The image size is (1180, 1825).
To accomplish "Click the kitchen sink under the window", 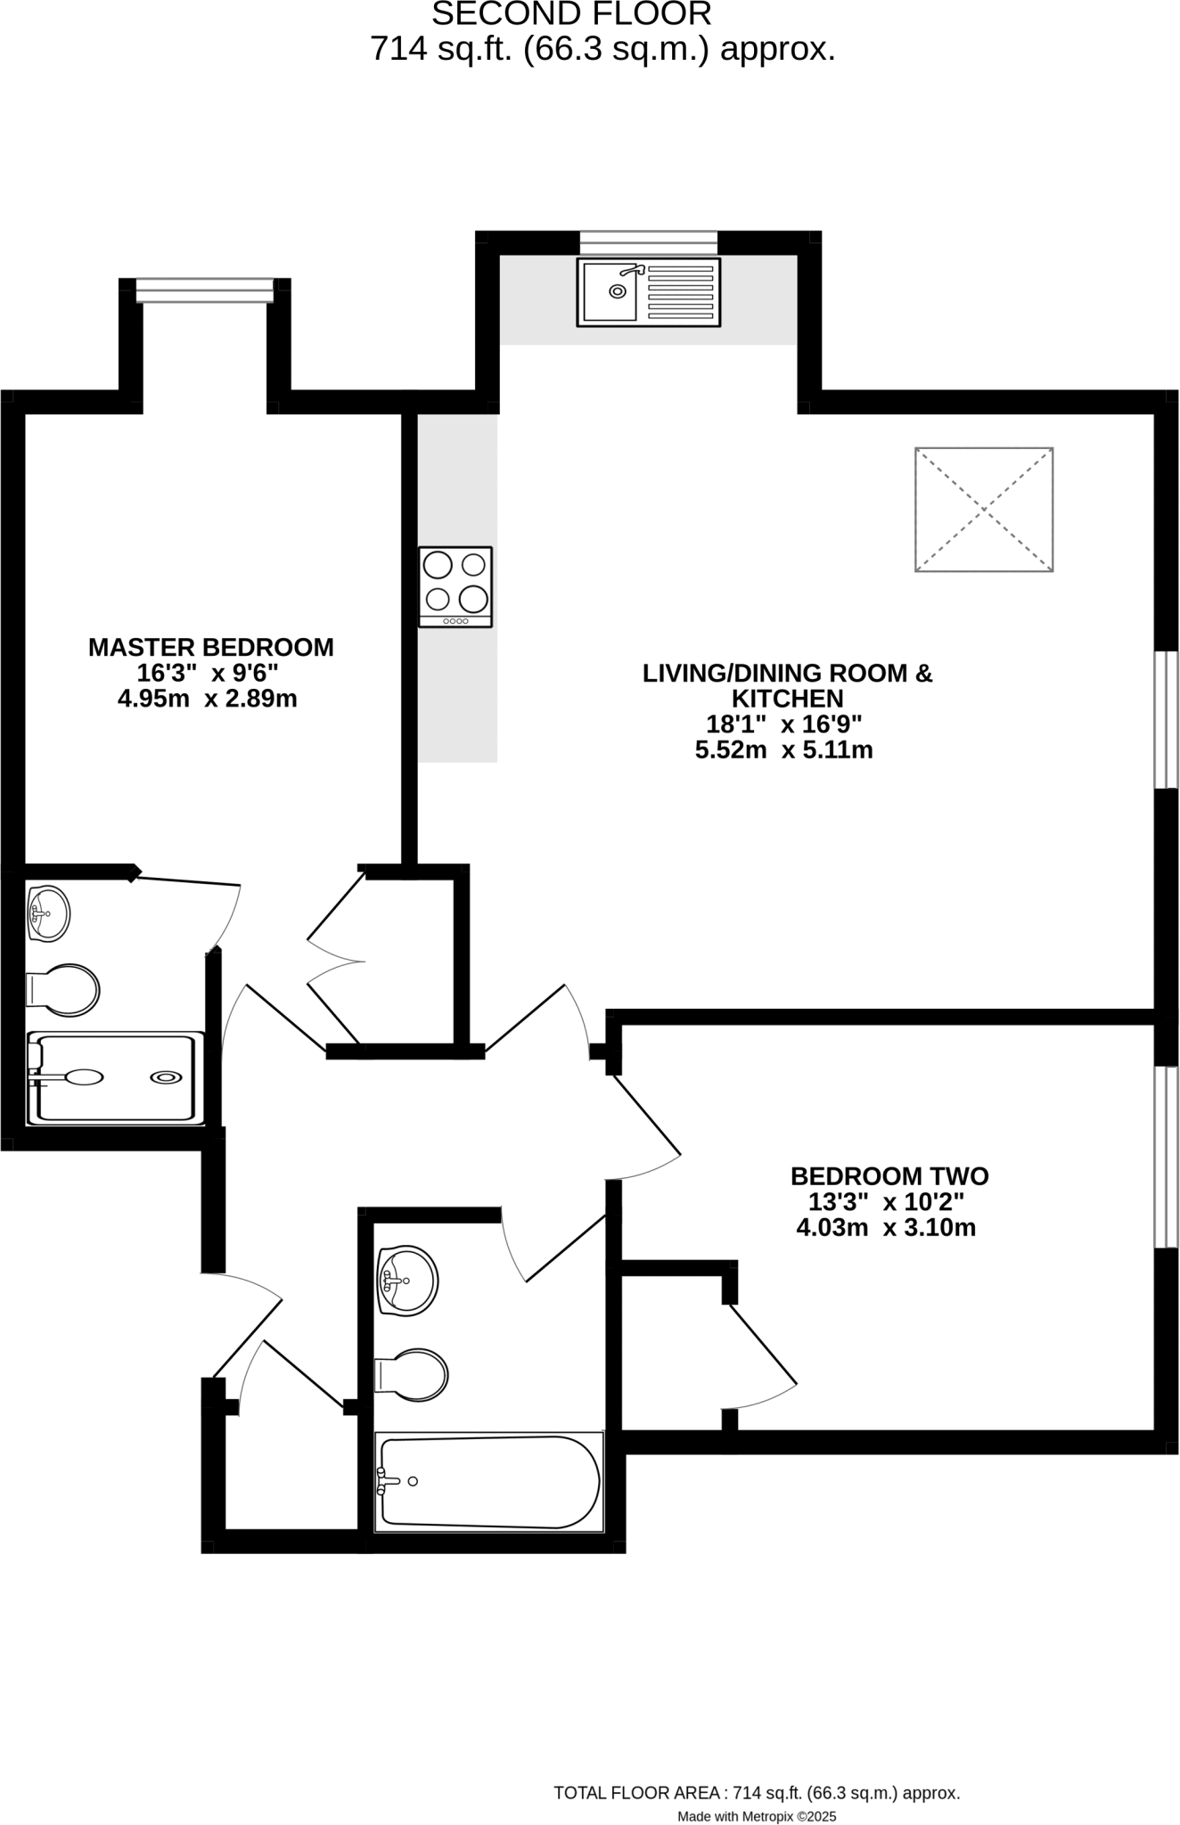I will tap(648, 291).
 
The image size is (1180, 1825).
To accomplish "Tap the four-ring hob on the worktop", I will tap(455, 586).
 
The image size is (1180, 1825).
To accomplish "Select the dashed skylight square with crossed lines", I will tap(984, 509).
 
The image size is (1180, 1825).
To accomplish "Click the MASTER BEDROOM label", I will tap(210, 647).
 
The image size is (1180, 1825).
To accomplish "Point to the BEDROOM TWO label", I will tap(889, 1175).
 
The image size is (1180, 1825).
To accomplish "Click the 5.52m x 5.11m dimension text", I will tap(783, 750).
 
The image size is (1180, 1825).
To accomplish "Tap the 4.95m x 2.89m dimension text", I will tap(207, 699).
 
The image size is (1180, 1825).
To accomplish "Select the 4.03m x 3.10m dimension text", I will tap(886, 1228).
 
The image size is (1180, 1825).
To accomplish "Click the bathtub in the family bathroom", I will tap(488, 1481).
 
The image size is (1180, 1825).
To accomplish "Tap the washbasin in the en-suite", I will tap(48, 912).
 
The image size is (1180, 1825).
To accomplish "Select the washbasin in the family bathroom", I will tap(407, 1281).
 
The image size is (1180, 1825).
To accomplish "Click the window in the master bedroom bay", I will tap(205, 291).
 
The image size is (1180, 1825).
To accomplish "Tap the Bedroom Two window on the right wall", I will tap(1166, 1157).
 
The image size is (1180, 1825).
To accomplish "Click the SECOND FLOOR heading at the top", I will tap(571, 14).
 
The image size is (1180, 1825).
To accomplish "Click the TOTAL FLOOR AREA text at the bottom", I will tap(757, 1793).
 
